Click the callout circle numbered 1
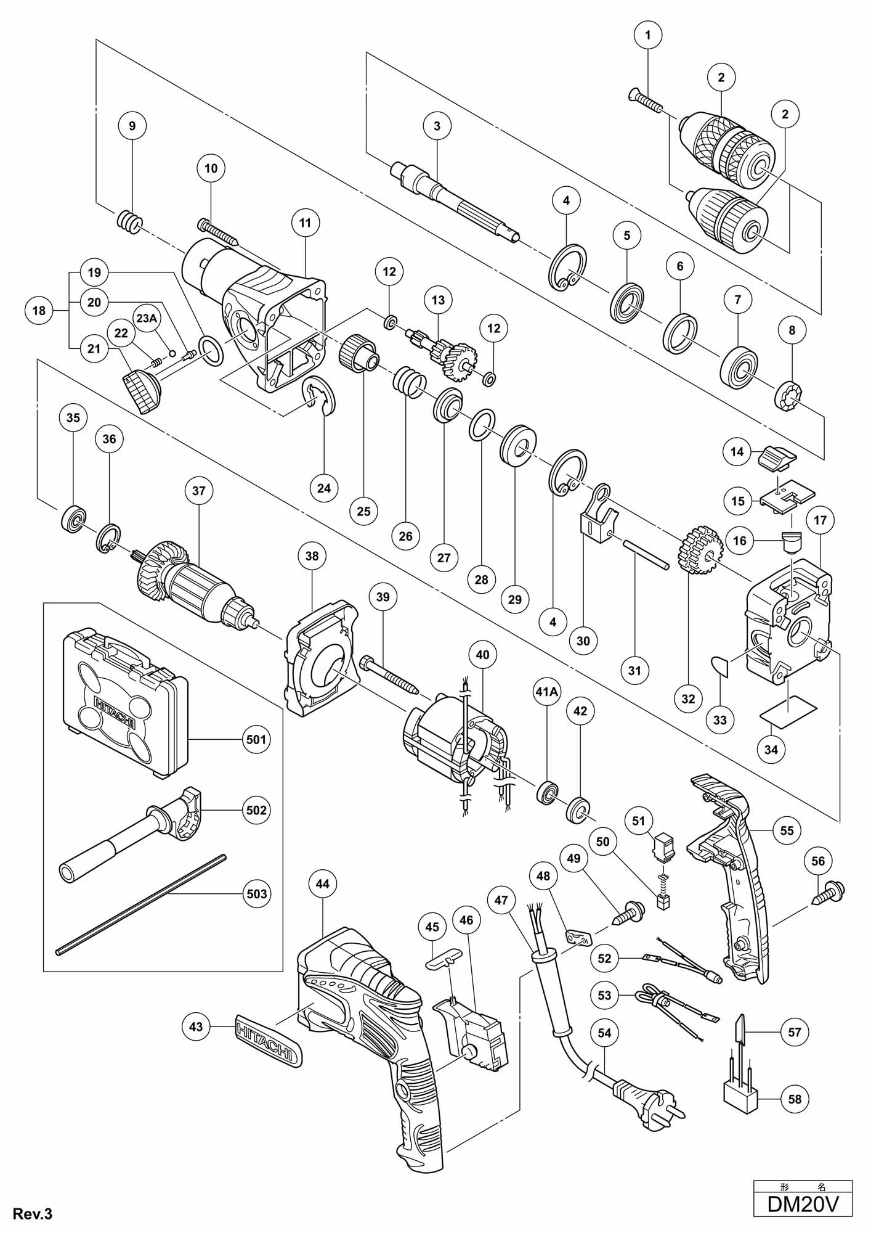(647, 35)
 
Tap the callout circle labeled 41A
(546, 692)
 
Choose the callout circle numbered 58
(795, 1099)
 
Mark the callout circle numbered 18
(39, 310)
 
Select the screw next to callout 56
(829, 892)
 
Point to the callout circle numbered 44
(322, 883)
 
